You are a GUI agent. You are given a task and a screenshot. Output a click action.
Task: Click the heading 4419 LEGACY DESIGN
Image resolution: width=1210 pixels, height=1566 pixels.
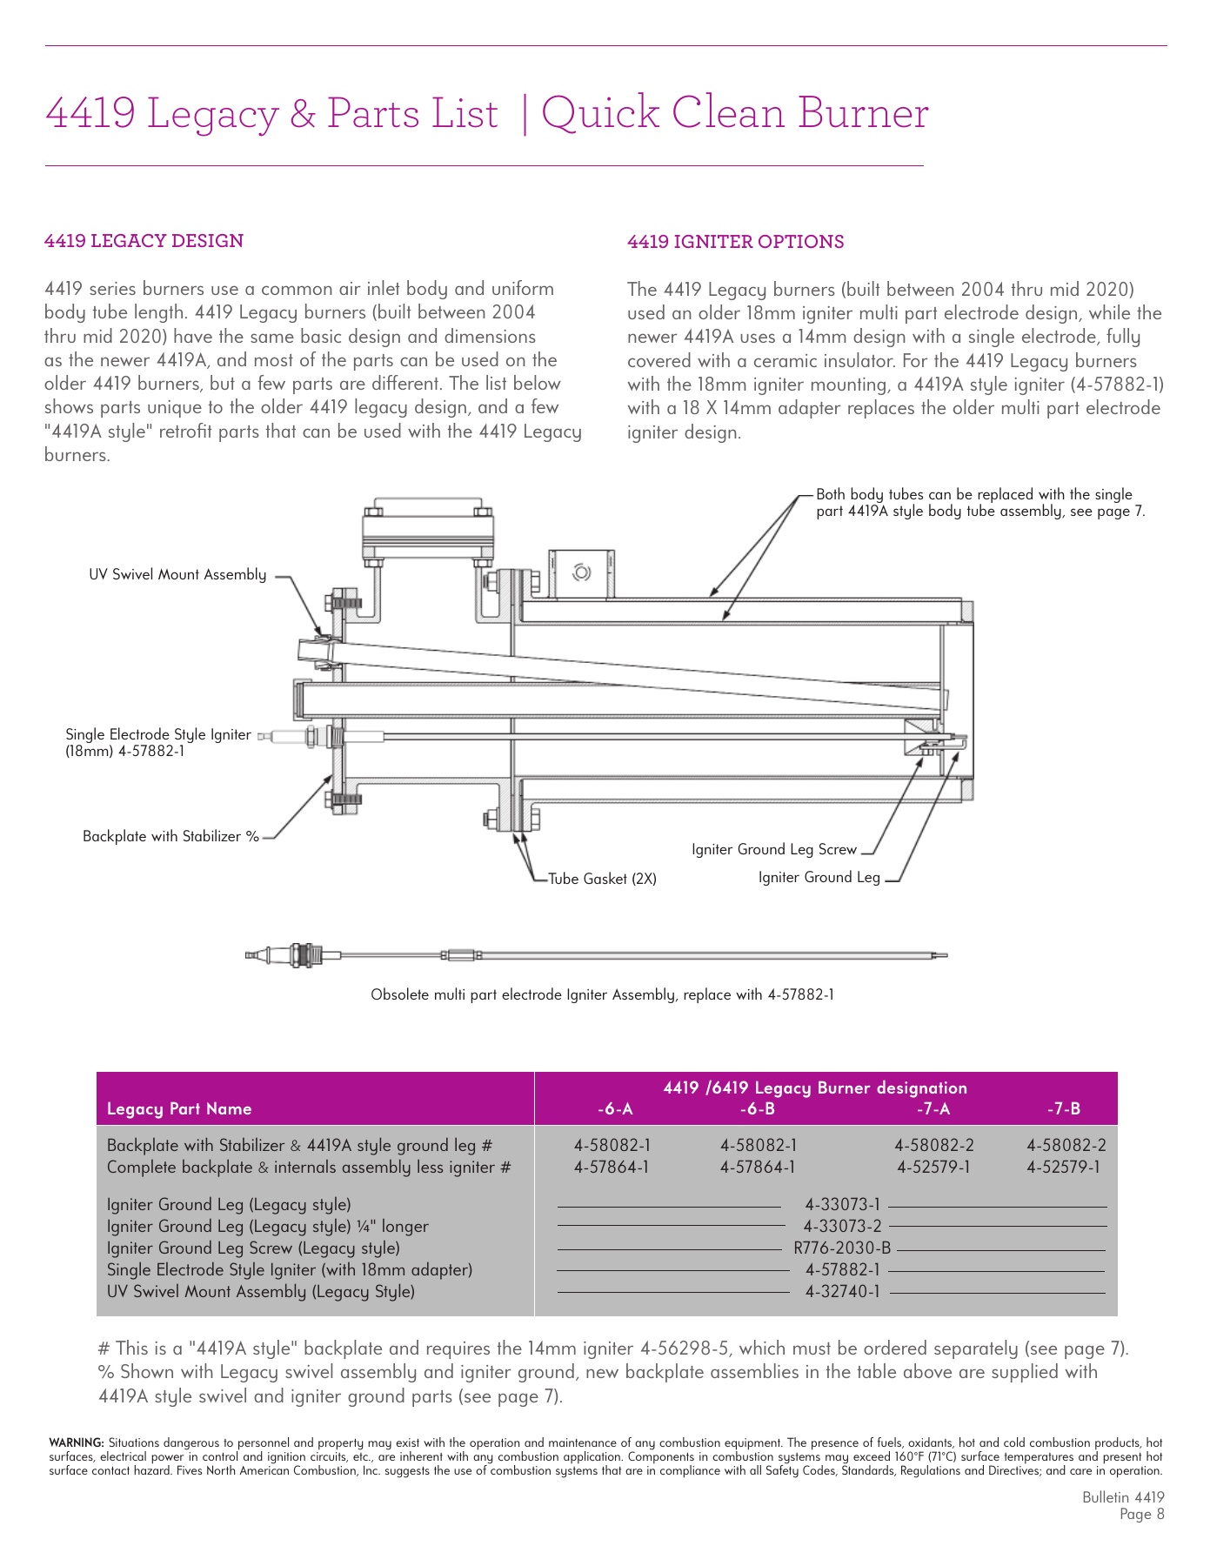click(144, 241)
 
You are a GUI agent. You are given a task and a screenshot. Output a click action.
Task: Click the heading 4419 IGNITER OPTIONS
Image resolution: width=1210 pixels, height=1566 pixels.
click(735, 242)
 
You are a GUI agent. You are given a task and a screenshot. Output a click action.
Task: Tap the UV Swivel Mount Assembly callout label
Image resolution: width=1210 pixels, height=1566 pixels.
click(177, 574)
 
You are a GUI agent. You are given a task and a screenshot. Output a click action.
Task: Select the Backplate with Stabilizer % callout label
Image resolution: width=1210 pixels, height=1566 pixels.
click(170, 836)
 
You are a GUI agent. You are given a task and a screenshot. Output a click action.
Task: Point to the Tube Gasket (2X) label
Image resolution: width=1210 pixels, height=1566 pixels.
click(602, 879)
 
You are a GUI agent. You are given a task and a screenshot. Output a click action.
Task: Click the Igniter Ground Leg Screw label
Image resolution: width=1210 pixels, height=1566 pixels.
click(774, 849)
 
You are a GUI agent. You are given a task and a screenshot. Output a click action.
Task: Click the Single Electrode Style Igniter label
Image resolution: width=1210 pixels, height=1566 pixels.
click(157, 734)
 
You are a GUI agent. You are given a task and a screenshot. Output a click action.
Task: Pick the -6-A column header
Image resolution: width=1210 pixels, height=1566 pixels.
click(615, 1108)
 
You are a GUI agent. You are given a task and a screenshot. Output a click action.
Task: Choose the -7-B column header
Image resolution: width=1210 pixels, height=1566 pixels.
click(1064, 1108)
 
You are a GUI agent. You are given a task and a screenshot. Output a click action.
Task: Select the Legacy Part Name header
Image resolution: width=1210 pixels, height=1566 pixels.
click(179, 1108)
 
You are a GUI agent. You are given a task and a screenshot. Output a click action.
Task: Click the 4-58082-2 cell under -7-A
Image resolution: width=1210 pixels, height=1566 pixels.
click(934, 1145)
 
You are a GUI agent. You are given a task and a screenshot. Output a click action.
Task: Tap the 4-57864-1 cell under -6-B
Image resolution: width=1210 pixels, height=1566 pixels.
click(758, 1167)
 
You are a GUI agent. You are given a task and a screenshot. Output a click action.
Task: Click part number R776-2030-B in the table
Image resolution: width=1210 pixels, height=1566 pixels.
click(842, 1248)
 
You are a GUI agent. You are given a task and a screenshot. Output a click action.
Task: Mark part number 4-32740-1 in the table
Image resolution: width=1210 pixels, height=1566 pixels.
click(842, 1291)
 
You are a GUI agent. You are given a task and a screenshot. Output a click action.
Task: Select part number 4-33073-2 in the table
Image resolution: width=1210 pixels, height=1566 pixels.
click(842, 1226)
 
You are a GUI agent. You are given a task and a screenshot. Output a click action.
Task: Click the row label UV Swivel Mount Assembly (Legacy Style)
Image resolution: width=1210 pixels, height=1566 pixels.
click(261, 1291)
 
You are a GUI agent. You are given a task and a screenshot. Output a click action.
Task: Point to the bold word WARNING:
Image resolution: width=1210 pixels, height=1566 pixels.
click(77, 1442)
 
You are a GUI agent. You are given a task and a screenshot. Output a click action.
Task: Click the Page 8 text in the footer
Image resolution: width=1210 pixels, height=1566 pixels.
click(1141, 1514)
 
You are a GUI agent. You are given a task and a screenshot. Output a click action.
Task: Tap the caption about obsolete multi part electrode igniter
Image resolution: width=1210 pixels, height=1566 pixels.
click(602, 994)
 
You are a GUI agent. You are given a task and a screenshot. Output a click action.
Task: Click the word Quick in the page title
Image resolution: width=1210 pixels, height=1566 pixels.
click(600, 113)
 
